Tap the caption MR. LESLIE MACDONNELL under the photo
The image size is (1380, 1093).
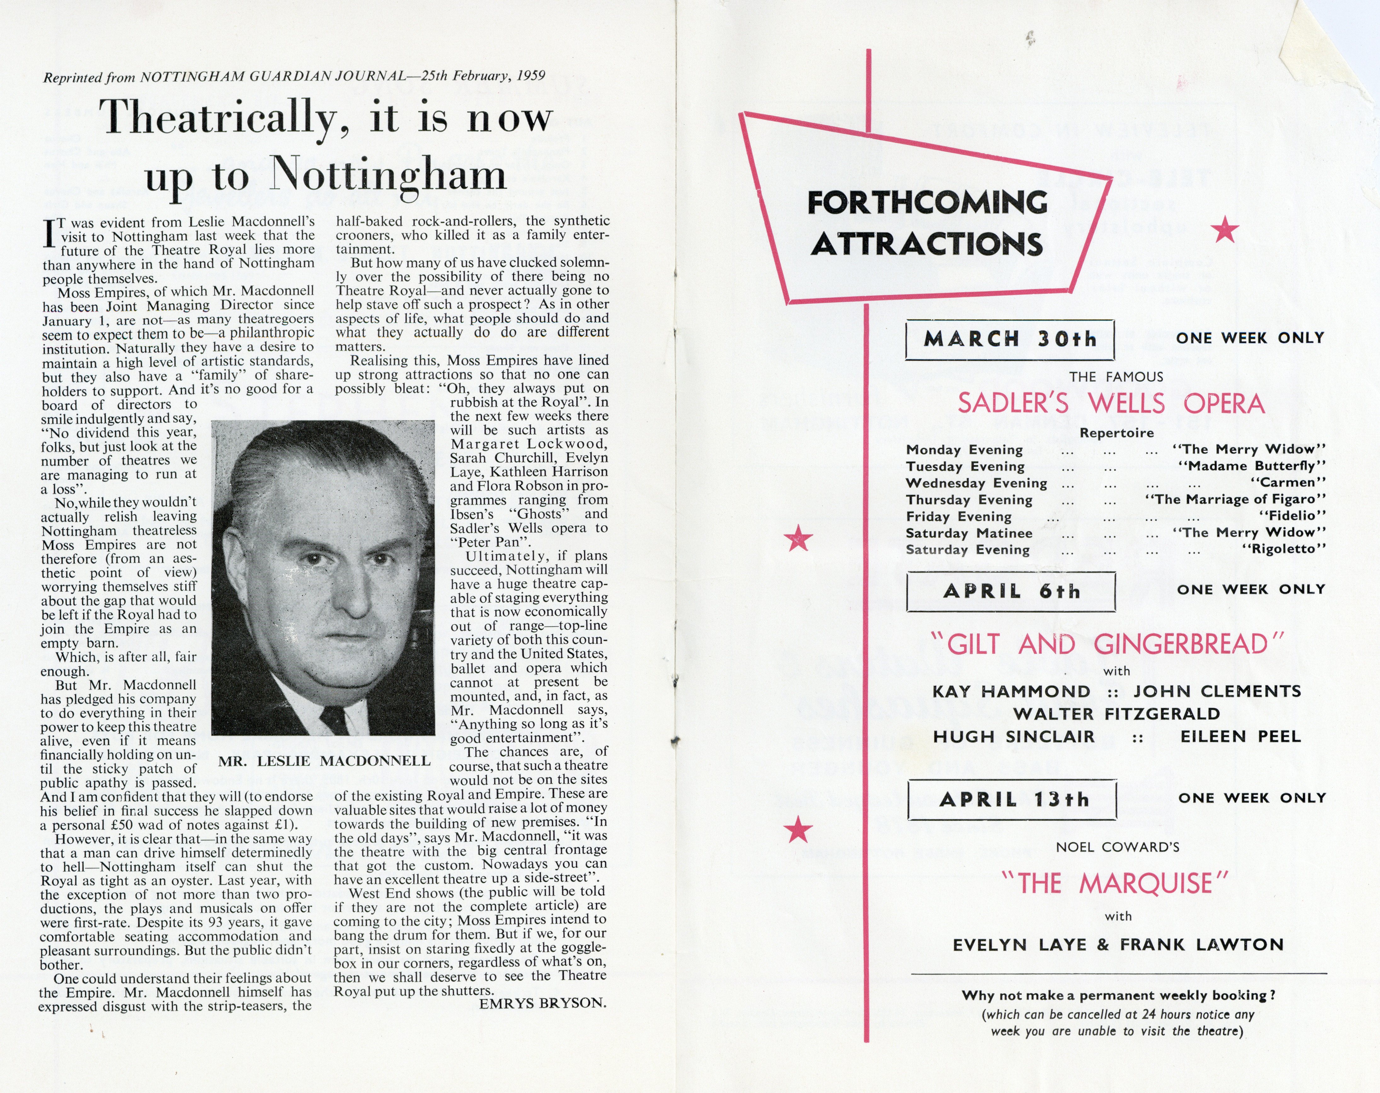coord(324,761)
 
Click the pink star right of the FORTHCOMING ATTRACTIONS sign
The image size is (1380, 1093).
coord(1225,229)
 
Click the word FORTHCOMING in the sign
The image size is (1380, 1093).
coord(927,203)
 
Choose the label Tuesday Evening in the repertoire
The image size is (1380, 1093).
coord(965,466)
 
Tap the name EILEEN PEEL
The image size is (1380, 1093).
coord(1240,737)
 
